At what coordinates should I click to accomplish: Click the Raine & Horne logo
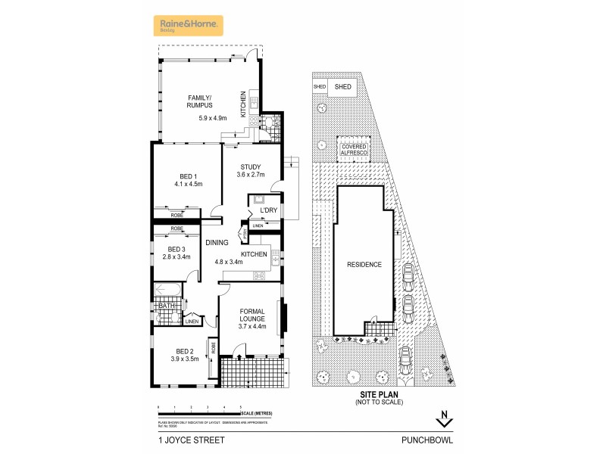(189, 26)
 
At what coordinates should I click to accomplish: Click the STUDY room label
(251, 167)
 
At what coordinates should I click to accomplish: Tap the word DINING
(217, 242)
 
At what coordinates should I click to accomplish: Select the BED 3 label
(176, 249)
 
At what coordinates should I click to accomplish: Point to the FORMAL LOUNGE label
(252, 314)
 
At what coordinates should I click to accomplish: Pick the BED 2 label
(186, 351)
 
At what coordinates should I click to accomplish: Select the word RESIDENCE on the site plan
(364, 265)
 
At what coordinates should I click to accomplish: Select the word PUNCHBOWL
(424, 438)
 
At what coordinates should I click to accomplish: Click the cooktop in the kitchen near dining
(261, 276)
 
